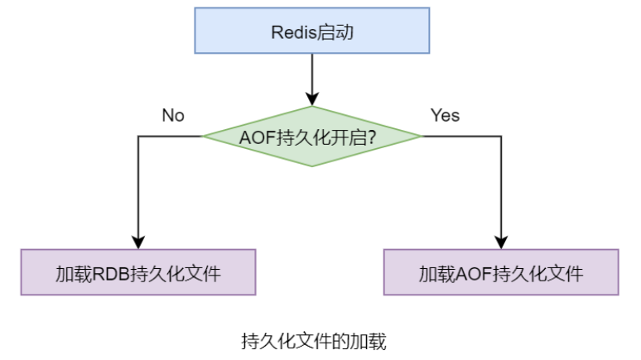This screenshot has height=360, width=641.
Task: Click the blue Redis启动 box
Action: (311, 32)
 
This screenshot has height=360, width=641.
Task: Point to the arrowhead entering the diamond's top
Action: (311, 98)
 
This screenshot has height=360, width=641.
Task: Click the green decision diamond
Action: (311, 137)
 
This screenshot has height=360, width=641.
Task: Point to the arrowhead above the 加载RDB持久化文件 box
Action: (137, 242)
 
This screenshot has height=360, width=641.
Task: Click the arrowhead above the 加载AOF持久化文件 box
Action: (501, 242)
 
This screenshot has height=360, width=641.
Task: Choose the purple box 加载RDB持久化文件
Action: (137, 272)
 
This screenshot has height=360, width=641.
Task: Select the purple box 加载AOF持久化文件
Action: (501, 272)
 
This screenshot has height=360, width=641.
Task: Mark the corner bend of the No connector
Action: (137, 137)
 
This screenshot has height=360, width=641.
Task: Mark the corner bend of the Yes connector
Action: (501, 137)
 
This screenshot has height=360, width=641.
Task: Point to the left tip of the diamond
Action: (203, 137)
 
